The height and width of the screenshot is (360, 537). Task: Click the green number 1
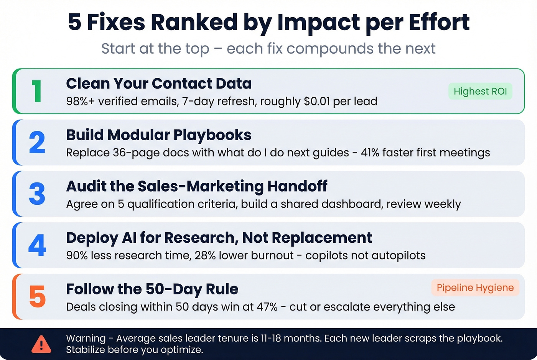(x=37, y=92)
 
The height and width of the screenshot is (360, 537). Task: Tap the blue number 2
(x=37, y=143)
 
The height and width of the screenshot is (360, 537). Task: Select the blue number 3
(x=37, y=194)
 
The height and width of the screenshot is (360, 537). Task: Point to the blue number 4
(x=37, y=245)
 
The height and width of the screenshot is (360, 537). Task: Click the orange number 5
(x=37, y=297)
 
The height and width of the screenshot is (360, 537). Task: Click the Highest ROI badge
(x=480, y=91)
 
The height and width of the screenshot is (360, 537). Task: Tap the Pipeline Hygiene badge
(x=475, y=288)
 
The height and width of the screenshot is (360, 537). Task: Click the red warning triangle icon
(x=41, y=344)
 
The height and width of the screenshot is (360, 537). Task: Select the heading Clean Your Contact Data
(x=159, y=84)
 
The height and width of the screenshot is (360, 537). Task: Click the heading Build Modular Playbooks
(x=158, y=135)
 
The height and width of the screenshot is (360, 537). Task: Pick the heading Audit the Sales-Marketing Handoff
(x=196, y=186)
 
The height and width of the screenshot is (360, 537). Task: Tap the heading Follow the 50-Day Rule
(x=152, y=289)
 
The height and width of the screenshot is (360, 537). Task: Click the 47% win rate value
(x=267, y=307)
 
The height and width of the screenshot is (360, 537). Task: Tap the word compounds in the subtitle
(x=330, y=49)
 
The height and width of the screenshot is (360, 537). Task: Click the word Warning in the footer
(x=86, y=339)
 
